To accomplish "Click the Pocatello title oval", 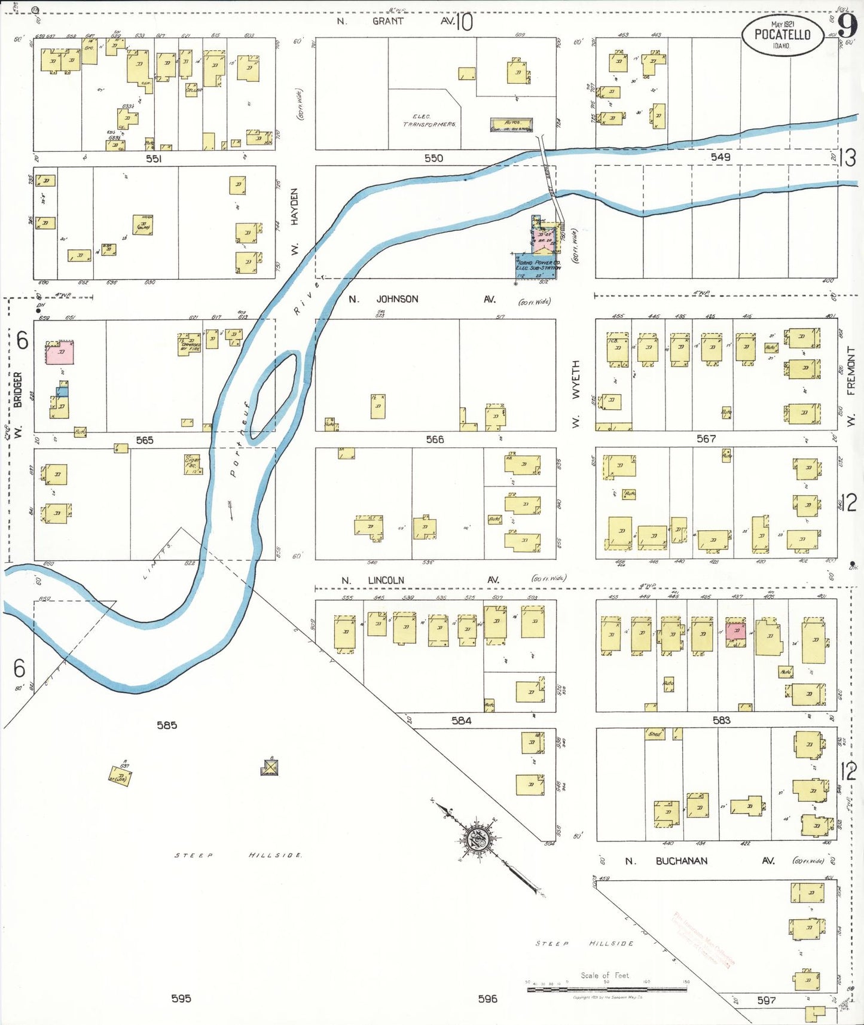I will coord(782,35).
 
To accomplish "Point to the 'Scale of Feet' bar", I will coord(606,990).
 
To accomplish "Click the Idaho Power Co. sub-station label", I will coord(538,265).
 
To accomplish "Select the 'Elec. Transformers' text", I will coord(429,120).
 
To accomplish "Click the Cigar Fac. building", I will coord(193,464).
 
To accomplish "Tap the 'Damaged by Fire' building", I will coord(190,345).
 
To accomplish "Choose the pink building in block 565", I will coord(60,352).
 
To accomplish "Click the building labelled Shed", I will coord(655,734).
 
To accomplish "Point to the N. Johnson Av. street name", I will coord(397,299).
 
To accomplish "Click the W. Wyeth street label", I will coord(576,393).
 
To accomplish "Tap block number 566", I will coord(435,440).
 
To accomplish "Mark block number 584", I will coord(461,721).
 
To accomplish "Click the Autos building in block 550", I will coord(511,125).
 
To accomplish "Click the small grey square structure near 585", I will coord(270,766).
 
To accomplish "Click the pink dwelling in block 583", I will coord(736,632).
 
